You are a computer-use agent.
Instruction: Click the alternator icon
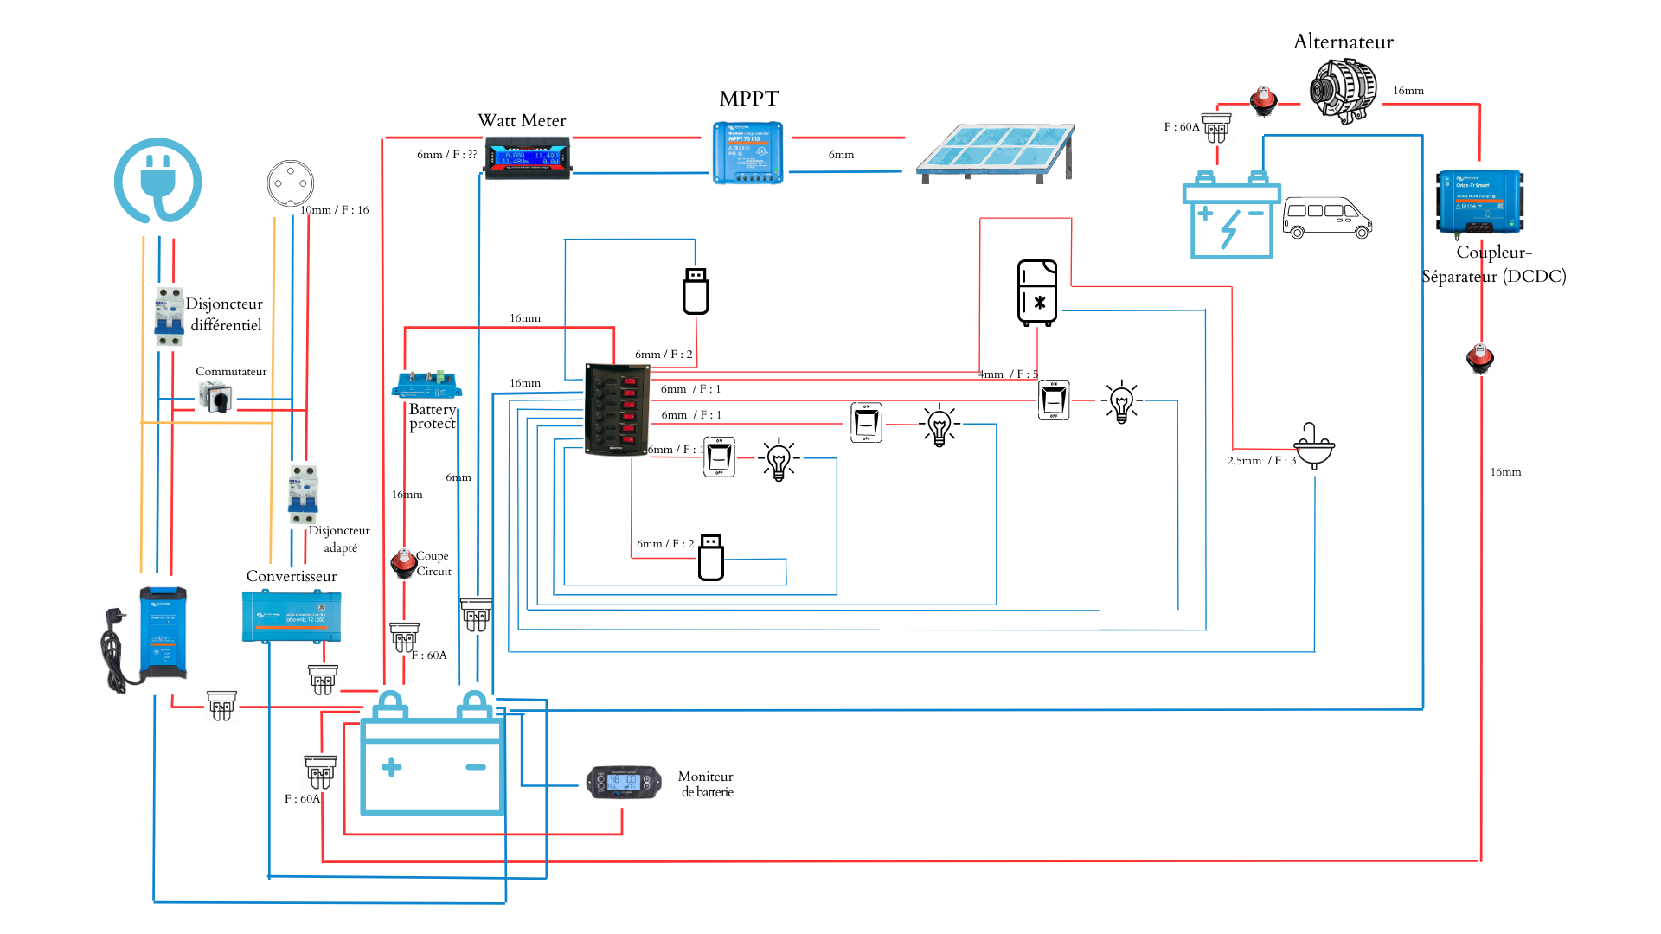click(x=1343, y=90)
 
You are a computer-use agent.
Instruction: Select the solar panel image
click(x=995, y=153)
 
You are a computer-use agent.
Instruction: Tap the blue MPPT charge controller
click(x=748, y=152)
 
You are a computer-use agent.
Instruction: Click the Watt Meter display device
click(x=527, y=159)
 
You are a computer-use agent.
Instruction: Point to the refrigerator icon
click(x=1037, y=292)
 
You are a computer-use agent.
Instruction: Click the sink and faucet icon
click(x=1314, y=445)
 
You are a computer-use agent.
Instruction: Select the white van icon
click(x=1327, y=217)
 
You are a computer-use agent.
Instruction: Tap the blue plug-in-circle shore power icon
click(x=158, y=180)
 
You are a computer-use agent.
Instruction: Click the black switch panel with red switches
click(x=617, y=408)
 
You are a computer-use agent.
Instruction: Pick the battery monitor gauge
click(x=624, y=782)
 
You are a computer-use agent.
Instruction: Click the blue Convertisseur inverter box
click(x=292, y=616)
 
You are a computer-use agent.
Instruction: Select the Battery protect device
click(x=426, y=383)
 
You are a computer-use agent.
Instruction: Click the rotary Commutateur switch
click(x=215, y=397)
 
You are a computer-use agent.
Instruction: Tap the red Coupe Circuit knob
click(x=403, y=562)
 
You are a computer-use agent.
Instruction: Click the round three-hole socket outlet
click(x=290, y=183)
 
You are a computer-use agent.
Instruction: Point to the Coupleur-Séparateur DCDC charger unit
click(x=1479, y=202)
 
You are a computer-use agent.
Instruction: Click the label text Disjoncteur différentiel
click(x=224, y=314)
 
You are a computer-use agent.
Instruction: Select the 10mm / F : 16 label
click(x=334, y=210)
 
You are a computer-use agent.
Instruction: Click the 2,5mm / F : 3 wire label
click(x=1261, y=461)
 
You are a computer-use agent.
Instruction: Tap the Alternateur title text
click(x=1343, y=42)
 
